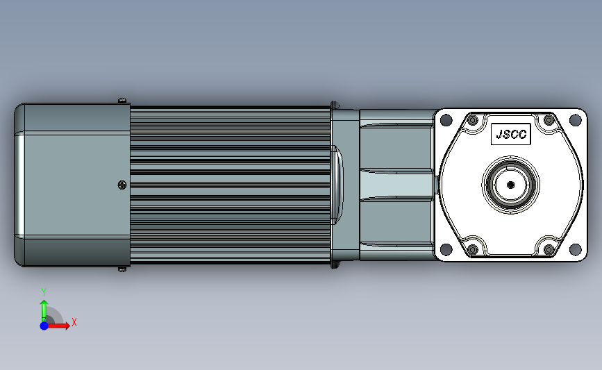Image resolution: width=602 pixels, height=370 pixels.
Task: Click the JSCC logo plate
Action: [x=510, y=135]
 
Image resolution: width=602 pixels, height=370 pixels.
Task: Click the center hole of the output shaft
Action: [x=510, y=185]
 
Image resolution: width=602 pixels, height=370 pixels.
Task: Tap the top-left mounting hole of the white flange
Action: [x=446, y=120]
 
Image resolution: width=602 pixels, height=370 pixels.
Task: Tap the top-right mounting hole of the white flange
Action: [x=575, y=120]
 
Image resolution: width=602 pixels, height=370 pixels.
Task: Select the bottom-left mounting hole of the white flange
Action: [x=446, y=249]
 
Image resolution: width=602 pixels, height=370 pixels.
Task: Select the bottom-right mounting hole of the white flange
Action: [x=575, y=249]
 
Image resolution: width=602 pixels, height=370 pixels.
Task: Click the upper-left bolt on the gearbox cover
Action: [x=473, y=121]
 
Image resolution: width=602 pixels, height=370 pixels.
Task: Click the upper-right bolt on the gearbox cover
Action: [x=549, y=121]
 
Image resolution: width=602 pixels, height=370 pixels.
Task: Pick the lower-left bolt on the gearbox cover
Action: [x=473, y=250]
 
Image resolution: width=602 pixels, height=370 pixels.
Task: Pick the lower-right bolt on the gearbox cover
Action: [x=549, y=250]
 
